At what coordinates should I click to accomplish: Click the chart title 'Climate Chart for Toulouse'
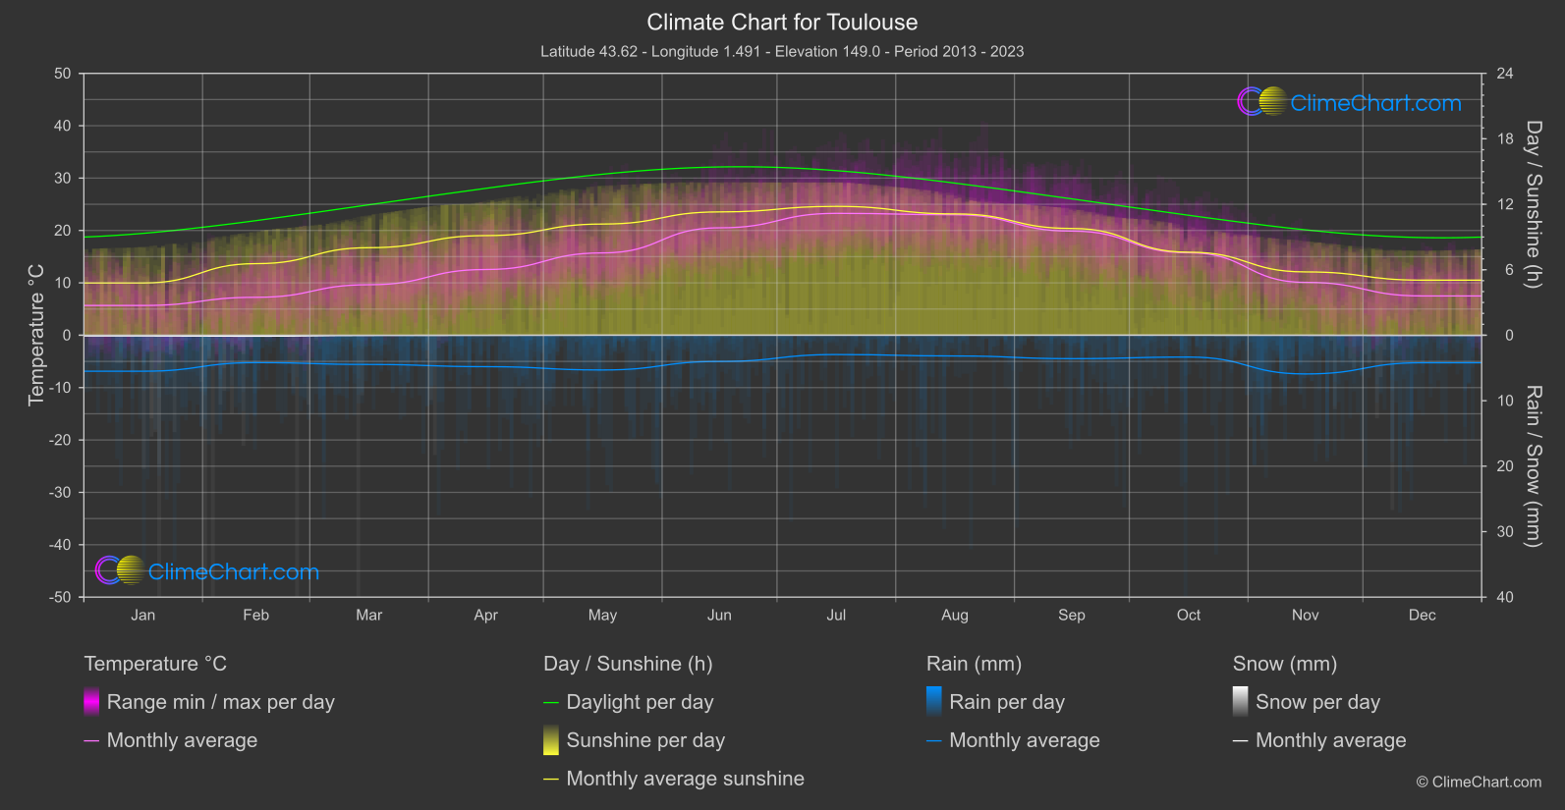[782, 23]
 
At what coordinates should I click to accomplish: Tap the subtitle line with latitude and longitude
[782, 51]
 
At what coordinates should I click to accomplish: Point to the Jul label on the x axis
[836, 615]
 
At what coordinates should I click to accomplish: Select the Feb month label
[255, 615]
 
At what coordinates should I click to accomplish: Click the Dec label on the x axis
[1422, 615]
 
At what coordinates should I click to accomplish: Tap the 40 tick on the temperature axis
[63, 126]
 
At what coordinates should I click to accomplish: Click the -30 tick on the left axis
[60, 492]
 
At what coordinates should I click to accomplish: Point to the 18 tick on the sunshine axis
[1505, 138]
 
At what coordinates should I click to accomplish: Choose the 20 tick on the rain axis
[1505, 465]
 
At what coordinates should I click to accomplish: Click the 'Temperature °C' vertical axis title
[36, 334]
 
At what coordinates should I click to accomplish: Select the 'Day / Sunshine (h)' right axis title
[1533, 204]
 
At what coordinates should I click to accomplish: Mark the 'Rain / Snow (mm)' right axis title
[1533, 465]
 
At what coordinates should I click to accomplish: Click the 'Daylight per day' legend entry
[640, 702]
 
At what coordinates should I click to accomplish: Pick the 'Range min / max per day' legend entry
[220, 702]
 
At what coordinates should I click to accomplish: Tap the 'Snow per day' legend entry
[1317, 702]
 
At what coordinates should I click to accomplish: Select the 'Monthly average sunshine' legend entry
[685, 779]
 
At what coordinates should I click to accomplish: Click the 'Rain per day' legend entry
[1006, 702]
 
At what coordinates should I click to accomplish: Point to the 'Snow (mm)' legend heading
[1284, 664]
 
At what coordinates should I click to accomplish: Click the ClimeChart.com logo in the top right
[1350, 102]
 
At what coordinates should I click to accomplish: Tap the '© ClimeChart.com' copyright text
[1479, 782]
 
